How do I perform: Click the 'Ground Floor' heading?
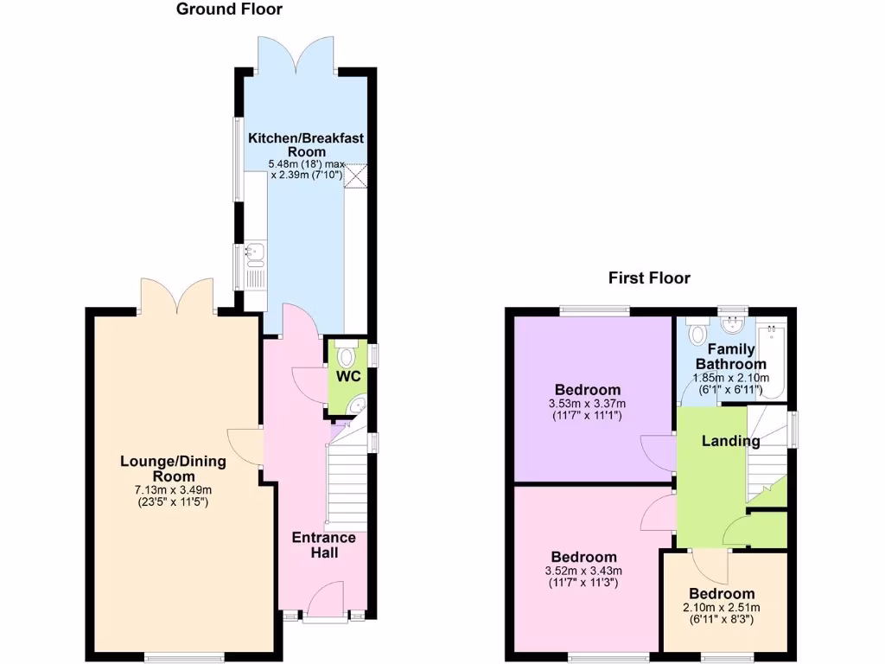pos(229,10)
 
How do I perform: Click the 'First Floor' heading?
pos(649,278)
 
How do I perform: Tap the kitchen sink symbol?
pos(254,252)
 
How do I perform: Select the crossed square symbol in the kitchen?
pos(354,174)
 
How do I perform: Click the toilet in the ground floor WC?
pos(347,355)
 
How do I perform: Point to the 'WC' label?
pos(348,377)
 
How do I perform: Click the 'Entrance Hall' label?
pos(323,545)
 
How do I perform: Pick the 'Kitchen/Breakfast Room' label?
pos(294,144)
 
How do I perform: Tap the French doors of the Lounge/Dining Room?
pos(175,296)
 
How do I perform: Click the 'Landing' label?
pos(730,441)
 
